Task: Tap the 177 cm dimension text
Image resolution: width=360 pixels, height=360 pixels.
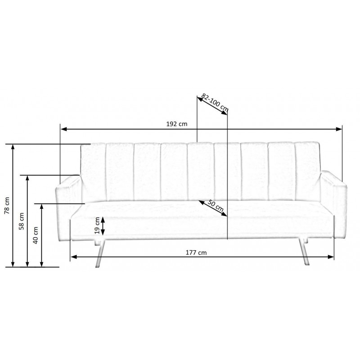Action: (196, 252)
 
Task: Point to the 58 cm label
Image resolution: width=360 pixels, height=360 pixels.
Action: (21, 221)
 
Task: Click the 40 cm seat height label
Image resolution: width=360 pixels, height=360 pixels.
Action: (36, 234)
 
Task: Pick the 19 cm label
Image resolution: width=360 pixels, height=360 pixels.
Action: (96, 226)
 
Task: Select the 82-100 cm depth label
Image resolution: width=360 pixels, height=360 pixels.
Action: (215, 103)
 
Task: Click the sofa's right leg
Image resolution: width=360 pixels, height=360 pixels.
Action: (306, 254)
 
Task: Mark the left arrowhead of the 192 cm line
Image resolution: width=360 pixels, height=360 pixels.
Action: (63, 129)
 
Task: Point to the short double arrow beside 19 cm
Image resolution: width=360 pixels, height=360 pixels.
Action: (103, 226)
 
